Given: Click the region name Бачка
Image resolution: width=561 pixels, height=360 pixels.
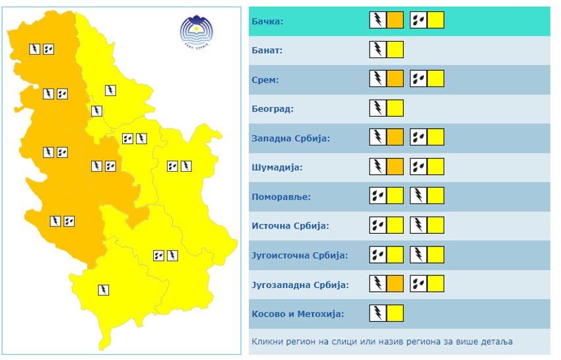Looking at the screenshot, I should pyautogui.click(x=267, y=21).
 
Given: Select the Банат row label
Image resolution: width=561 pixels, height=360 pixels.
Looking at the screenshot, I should pyautogui.click(x=267, y=50).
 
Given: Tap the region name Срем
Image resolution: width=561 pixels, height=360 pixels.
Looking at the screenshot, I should pyautogui.click(x=265, y=80).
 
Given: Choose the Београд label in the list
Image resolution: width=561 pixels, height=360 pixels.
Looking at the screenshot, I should pyautogui.click(x=272, y=109).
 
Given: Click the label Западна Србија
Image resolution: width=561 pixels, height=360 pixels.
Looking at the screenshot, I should pyautogui.click(x=290, y=138).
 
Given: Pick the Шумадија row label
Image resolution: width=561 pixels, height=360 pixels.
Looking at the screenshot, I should pyautogui.click(x=277, y=167).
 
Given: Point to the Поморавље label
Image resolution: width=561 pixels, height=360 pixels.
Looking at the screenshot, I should pyautogui.click(x=280, y=196).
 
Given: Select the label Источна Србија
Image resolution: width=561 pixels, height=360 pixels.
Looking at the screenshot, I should pyautogui.click(x=290, y=225).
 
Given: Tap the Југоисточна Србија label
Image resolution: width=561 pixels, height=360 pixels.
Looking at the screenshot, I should pyautogui.click(x=300, y=255).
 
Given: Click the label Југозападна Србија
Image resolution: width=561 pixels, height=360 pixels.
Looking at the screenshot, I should pyautogui.click(x=300, y=285).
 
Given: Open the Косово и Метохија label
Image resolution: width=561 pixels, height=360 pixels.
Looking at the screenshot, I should pyautogui.click(x=298, y=314).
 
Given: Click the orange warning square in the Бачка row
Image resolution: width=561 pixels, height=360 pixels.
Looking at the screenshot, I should pyautogui.click(x=395, y=20).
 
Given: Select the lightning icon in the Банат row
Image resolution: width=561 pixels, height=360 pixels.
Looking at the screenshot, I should pyautogui.click(x=378, y=50).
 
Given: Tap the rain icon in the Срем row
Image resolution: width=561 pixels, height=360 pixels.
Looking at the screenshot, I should pyautogui.click(x=418, y=79).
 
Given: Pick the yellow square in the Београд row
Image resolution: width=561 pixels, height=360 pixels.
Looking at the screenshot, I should pyautogui.click(x=395, y=108).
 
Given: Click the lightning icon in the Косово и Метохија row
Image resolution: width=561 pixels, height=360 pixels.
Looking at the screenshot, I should pyautogui.click(x=378, y=313).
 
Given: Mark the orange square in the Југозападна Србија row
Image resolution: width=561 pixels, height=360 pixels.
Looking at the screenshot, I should pyautogui.click(x=395, y=284).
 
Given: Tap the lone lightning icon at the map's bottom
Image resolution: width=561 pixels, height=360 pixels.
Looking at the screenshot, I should pyautogui.click(x=103, y=289).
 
